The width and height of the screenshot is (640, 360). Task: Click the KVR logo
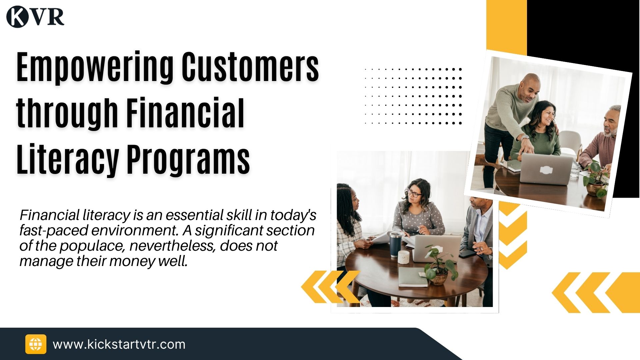pos(35,17)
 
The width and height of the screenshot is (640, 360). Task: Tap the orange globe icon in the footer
pos(36,344)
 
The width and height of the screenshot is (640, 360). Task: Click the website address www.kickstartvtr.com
pos(119,344)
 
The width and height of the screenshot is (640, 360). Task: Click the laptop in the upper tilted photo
pos(546,169)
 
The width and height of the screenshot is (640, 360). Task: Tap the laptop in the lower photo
pos(437,248)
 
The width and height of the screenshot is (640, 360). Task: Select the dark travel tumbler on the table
pos(395,244)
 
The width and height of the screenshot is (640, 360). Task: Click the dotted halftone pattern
pos(413,96)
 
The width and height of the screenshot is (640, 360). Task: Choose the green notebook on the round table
pos(413,277)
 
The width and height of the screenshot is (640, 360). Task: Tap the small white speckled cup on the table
pos(404,257)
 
